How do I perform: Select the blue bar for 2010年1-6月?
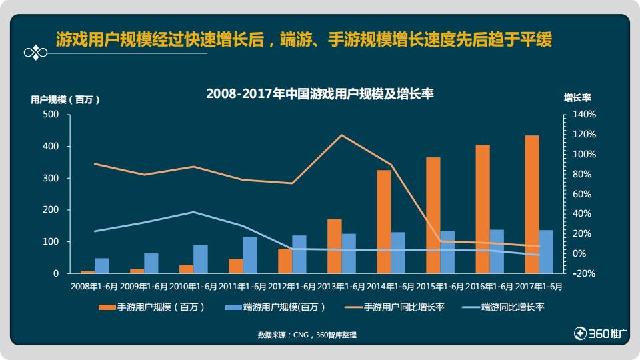(x=201, y=259)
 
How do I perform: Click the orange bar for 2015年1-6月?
(x=433, y=215)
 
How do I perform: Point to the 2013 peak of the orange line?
(x=341, y=135)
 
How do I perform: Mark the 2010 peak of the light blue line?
(x=193, y=212)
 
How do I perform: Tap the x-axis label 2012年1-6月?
(x=292, y=287)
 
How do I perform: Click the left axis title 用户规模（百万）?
(x=65, y=99)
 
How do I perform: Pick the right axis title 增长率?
(x=577, y=97)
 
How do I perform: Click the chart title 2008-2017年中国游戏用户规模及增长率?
(x=320, y=94)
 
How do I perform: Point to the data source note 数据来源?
(x=307, y=335)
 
